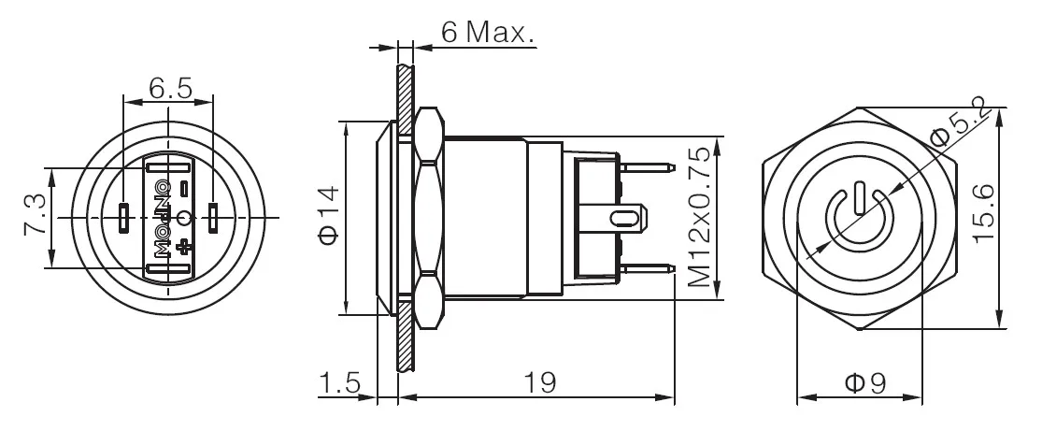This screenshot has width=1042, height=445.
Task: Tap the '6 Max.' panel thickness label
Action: coord(487,34)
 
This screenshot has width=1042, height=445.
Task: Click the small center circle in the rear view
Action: coord(184,219)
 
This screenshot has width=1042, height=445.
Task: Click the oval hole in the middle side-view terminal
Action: coord(623,219)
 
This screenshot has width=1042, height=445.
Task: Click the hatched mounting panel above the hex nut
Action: coord(404,89)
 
